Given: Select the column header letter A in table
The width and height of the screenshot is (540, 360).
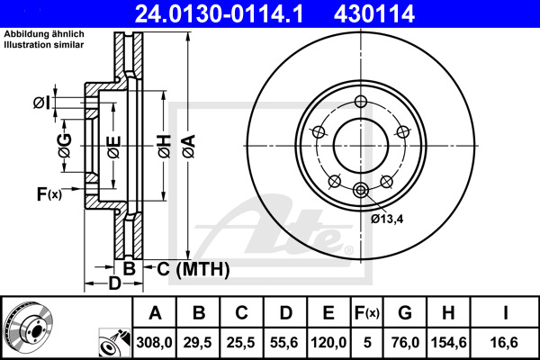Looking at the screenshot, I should [155, 313].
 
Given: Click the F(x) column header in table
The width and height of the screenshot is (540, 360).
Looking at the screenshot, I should [366, 313].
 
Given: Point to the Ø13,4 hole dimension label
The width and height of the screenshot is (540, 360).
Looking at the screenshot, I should [387, 218].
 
